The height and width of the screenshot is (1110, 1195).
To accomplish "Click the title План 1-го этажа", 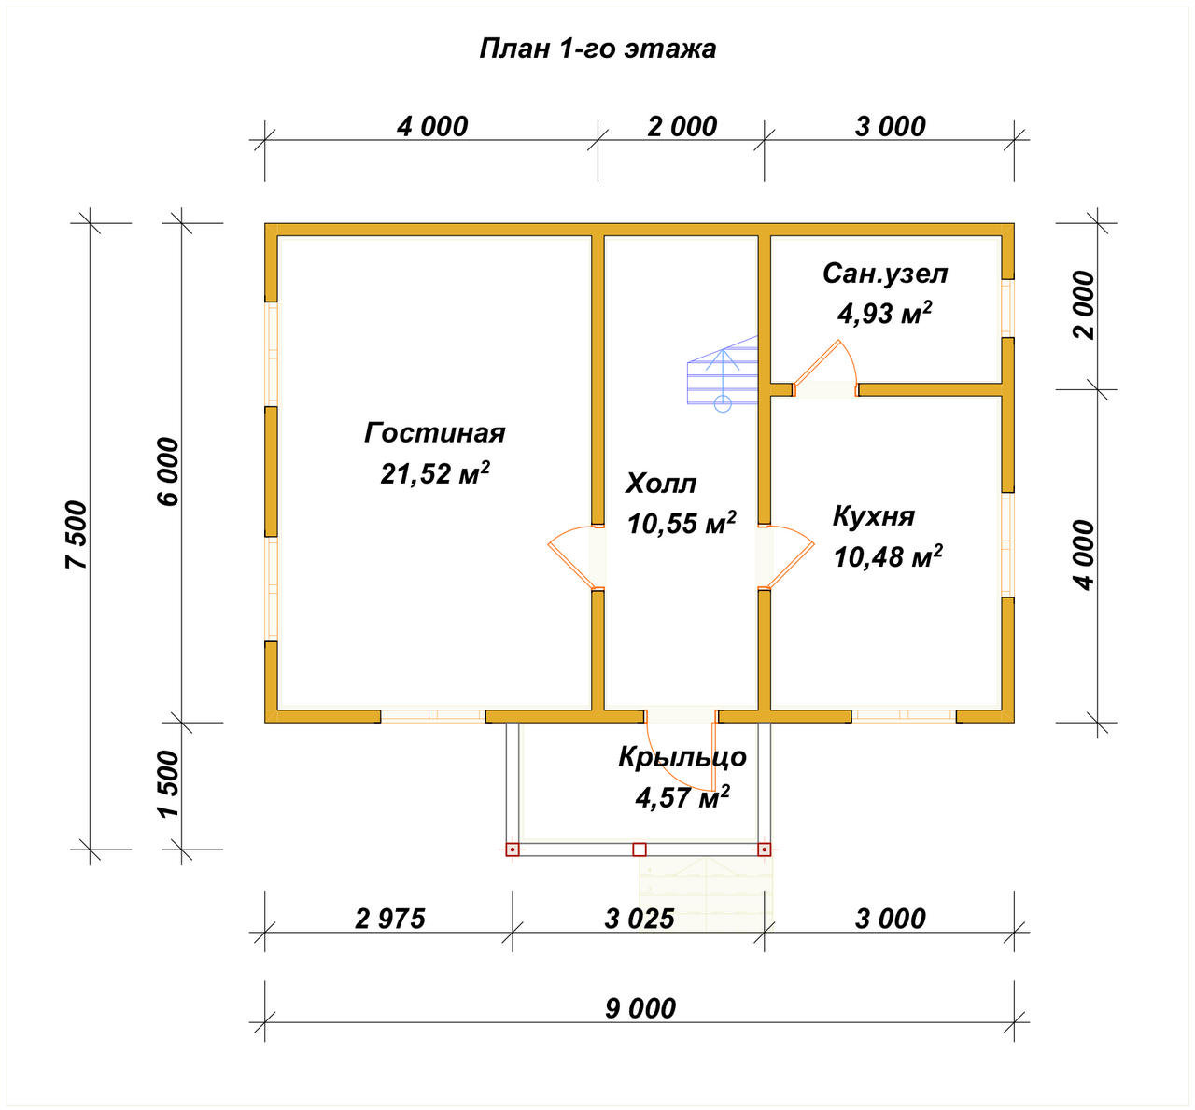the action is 597,49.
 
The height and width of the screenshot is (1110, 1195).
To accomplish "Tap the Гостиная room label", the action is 434,433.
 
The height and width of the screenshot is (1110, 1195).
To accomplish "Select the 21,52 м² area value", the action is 434,473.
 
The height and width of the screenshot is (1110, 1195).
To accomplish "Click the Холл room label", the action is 661,484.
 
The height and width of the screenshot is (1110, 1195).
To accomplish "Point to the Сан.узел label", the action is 885,274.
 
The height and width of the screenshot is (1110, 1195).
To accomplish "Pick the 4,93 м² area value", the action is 884,313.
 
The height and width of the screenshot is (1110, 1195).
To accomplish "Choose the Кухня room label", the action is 874,516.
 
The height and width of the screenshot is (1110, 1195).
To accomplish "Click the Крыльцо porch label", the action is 682,758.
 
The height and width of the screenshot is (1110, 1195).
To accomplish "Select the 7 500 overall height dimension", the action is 77,535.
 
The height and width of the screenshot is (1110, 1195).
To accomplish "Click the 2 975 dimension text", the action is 390,920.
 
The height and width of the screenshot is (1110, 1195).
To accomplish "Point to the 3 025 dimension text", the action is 639,920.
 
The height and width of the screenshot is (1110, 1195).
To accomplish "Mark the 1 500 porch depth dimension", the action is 168,784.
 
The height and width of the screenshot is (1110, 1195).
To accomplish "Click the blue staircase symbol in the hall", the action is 723,373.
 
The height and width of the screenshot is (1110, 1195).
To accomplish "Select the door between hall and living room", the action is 576,557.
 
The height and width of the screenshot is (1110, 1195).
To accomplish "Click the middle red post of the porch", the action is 639,850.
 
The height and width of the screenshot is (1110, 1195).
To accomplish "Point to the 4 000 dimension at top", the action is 432,127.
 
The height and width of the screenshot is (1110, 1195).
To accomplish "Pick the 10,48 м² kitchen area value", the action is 888,556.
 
